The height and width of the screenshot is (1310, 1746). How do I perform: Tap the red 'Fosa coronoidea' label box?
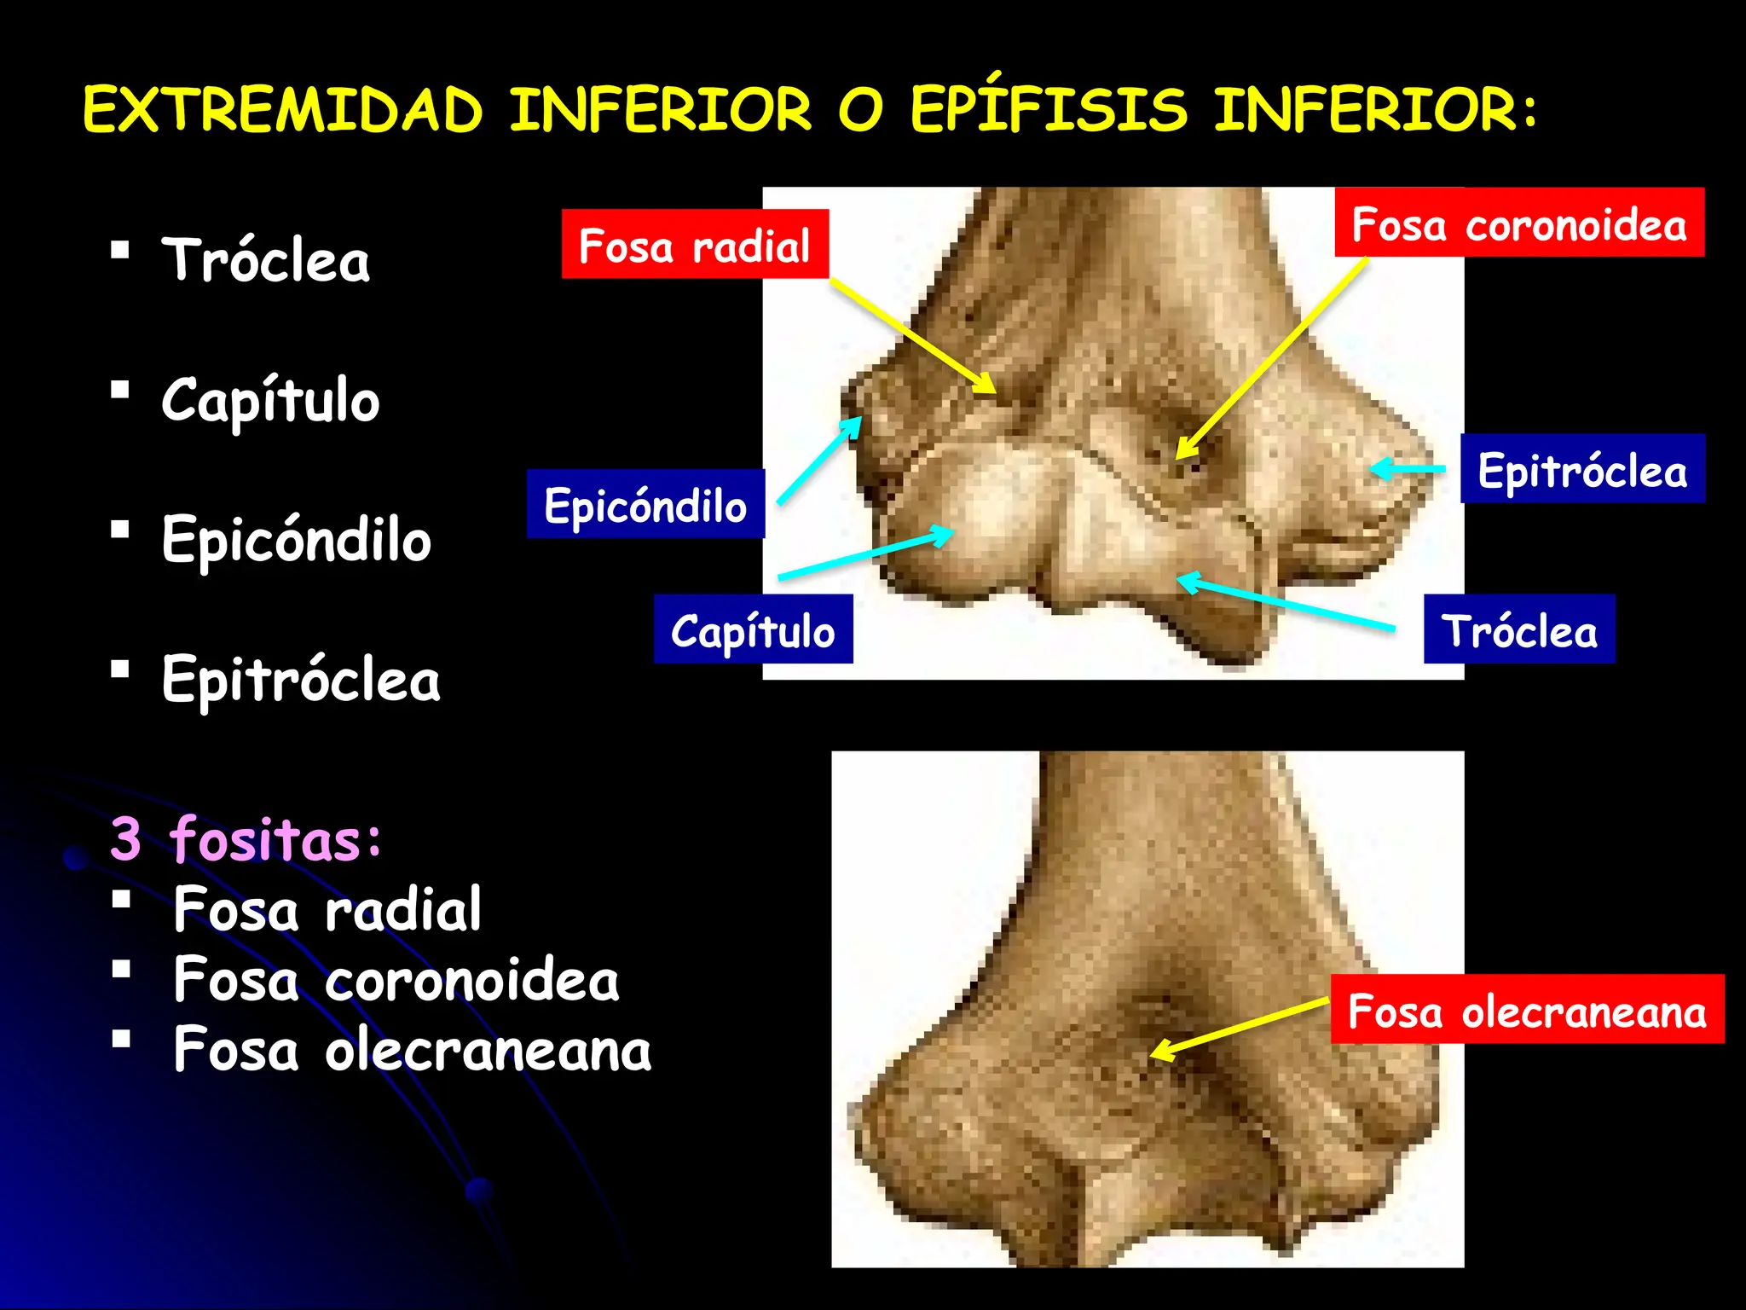[1519, 223]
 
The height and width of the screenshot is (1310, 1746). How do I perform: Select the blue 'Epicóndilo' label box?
[645, 504]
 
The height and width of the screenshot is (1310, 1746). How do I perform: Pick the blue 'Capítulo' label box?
[753, 629]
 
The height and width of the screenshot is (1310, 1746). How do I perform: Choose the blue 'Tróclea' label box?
[1519, 629]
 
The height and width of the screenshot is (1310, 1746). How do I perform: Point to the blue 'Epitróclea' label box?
[1582, 469]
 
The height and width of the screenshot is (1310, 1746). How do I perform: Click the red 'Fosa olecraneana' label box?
[1527, 1010]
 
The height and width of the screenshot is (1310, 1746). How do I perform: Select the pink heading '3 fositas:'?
[246, 839]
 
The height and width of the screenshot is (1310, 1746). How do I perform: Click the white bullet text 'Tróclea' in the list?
[266, 259]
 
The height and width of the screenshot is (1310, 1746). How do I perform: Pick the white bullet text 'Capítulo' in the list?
[270, 400]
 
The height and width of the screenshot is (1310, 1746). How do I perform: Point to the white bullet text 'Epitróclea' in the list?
[301, 680]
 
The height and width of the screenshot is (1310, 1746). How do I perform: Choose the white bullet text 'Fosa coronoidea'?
[396, 979]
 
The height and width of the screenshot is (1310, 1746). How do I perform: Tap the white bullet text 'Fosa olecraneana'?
[413, 1049]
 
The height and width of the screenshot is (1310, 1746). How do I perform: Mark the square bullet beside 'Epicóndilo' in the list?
[120, 530]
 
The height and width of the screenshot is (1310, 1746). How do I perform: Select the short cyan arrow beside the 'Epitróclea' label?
[1408, 468]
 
